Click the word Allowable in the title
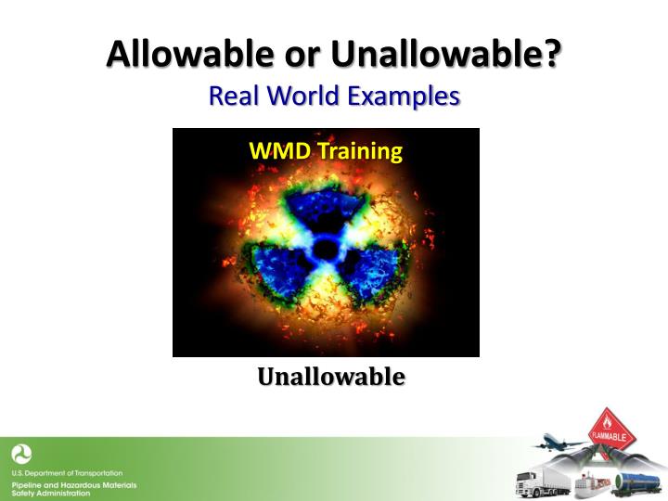(x=182, y=55)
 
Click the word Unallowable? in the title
(x=446, y=55)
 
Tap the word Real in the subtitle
(x=231, y=96)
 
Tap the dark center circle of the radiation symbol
(x=326, y=249)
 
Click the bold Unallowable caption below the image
(x=330, y=377)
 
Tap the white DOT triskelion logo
(x=21, y=455)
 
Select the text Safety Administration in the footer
(x=51, y=493)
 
